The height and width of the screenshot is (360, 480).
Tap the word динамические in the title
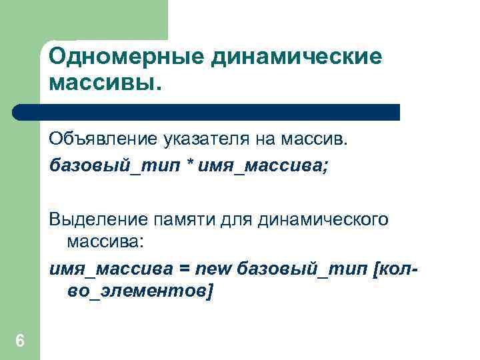point(297,57)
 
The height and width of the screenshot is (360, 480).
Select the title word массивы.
point(105,84)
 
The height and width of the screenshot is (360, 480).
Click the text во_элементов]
point(141,291)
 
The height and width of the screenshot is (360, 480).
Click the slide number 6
point(20,341)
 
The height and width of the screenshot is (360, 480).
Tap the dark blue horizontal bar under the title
point(207,112)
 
